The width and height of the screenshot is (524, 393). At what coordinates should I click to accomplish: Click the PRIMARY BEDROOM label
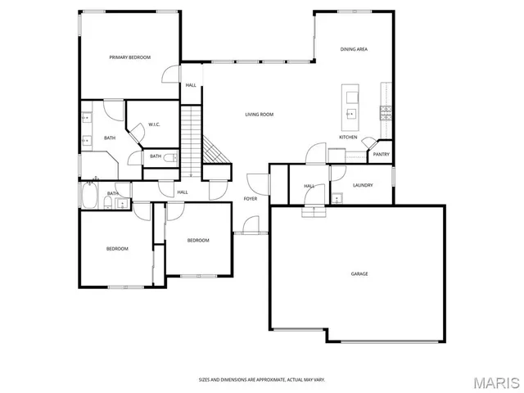[130, 57]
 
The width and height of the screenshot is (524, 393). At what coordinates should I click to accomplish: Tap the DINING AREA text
[354, 50]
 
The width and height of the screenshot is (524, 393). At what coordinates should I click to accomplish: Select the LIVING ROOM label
[259, 115]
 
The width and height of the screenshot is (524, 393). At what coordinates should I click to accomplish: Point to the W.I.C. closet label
[153, 125]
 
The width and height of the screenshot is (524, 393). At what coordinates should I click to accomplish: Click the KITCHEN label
[348, 137]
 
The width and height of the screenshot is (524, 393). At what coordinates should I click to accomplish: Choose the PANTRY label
[381, 154]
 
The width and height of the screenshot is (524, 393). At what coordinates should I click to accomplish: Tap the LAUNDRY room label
[363, 185]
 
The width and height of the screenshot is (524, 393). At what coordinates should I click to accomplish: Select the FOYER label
[250, 199]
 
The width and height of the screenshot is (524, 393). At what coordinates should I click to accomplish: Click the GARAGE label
[359, 273]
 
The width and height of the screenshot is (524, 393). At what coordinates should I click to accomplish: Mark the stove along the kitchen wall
[386, 110]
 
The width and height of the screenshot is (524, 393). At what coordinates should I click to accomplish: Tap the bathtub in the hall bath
[89, 197]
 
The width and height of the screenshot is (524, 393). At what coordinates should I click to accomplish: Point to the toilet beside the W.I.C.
[169, 156]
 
